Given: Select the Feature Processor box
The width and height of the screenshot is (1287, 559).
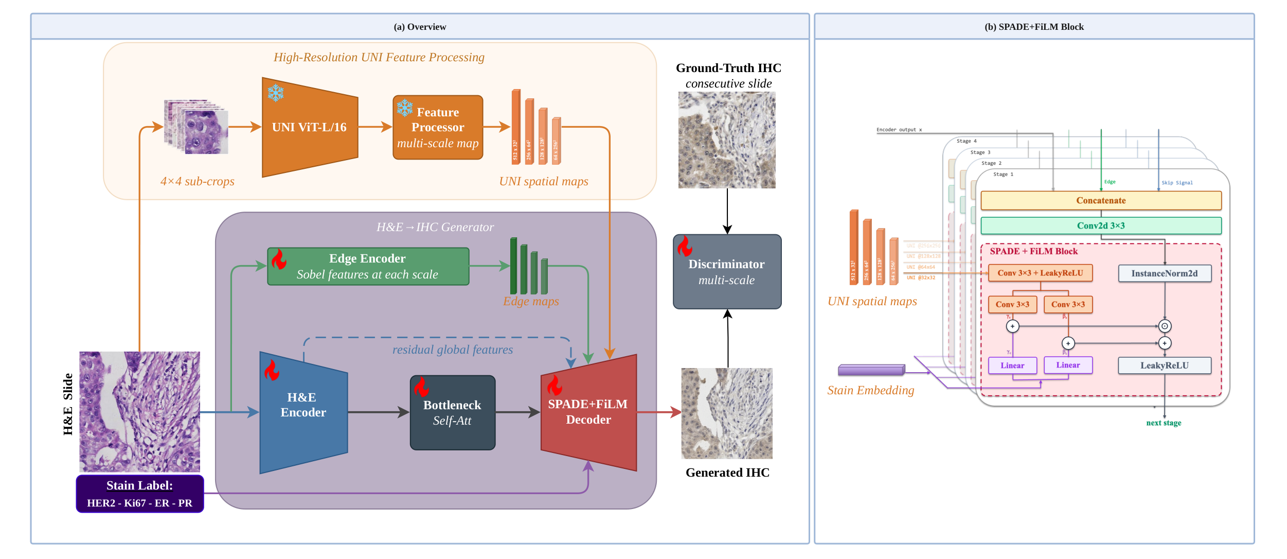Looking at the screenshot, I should coord(438,127).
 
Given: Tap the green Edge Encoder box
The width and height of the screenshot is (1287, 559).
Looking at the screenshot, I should coord(368,266).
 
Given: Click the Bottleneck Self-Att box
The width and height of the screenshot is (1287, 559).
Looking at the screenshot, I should coord(452,413).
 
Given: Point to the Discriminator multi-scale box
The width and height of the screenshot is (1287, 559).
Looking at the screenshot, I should coord(727,272).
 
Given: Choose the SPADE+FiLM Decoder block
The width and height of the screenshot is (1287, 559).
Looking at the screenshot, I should coord(588,412).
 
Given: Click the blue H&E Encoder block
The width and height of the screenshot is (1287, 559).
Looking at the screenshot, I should coord(303,412).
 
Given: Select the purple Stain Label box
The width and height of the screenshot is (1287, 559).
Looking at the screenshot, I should coord(139,494).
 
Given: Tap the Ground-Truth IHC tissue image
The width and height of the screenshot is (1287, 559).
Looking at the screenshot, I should coord(727,140).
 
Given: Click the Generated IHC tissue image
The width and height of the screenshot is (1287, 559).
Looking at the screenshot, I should coord(727,413).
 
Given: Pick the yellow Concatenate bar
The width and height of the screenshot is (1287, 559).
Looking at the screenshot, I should coord(1101,201).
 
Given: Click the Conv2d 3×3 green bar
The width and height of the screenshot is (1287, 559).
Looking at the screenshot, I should coord(1101,225).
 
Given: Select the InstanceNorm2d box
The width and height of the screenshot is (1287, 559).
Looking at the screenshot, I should coord(1164,273).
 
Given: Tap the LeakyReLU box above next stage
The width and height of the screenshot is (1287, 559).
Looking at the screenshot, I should coord(1164,365).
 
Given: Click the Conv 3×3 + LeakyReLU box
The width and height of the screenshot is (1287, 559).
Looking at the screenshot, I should coord(1040,273).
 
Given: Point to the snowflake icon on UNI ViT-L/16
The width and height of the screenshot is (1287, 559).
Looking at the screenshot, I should coord(276,93).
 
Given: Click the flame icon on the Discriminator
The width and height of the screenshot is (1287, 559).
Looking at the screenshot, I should coord(685,246).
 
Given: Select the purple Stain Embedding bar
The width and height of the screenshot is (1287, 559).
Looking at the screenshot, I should coord(871,370).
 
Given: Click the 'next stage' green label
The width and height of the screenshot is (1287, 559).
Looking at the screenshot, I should coord(1164,423).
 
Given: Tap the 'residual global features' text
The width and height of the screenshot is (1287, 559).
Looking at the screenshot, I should coord(453,350).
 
